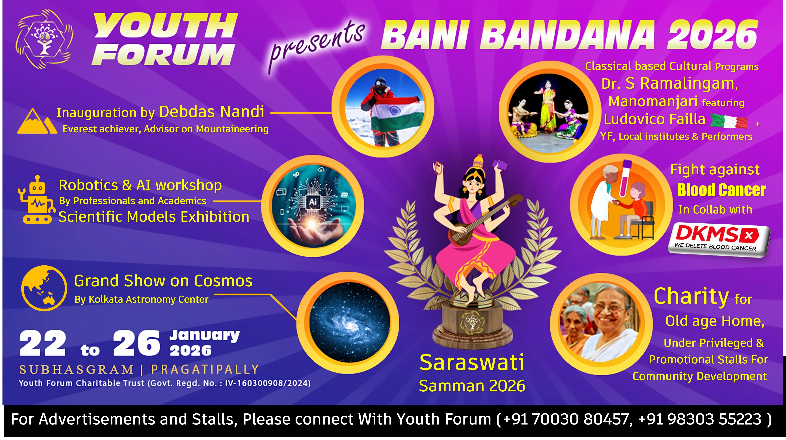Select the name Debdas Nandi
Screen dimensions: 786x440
(212, 112)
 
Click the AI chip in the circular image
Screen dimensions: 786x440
(313, 202)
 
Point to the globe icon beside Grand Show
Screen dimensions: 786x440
(44, 288)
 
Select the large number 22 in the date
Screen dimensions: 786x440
(43, 343)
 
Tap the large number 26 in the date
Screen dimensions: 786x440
(136, 343)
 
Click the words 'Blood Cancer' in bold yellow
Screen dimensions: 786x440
(721, 190)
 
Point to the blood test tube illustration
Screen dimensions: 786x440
(622, 178)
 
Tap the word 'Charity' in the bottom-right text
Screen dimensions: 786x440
(691, 297)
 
